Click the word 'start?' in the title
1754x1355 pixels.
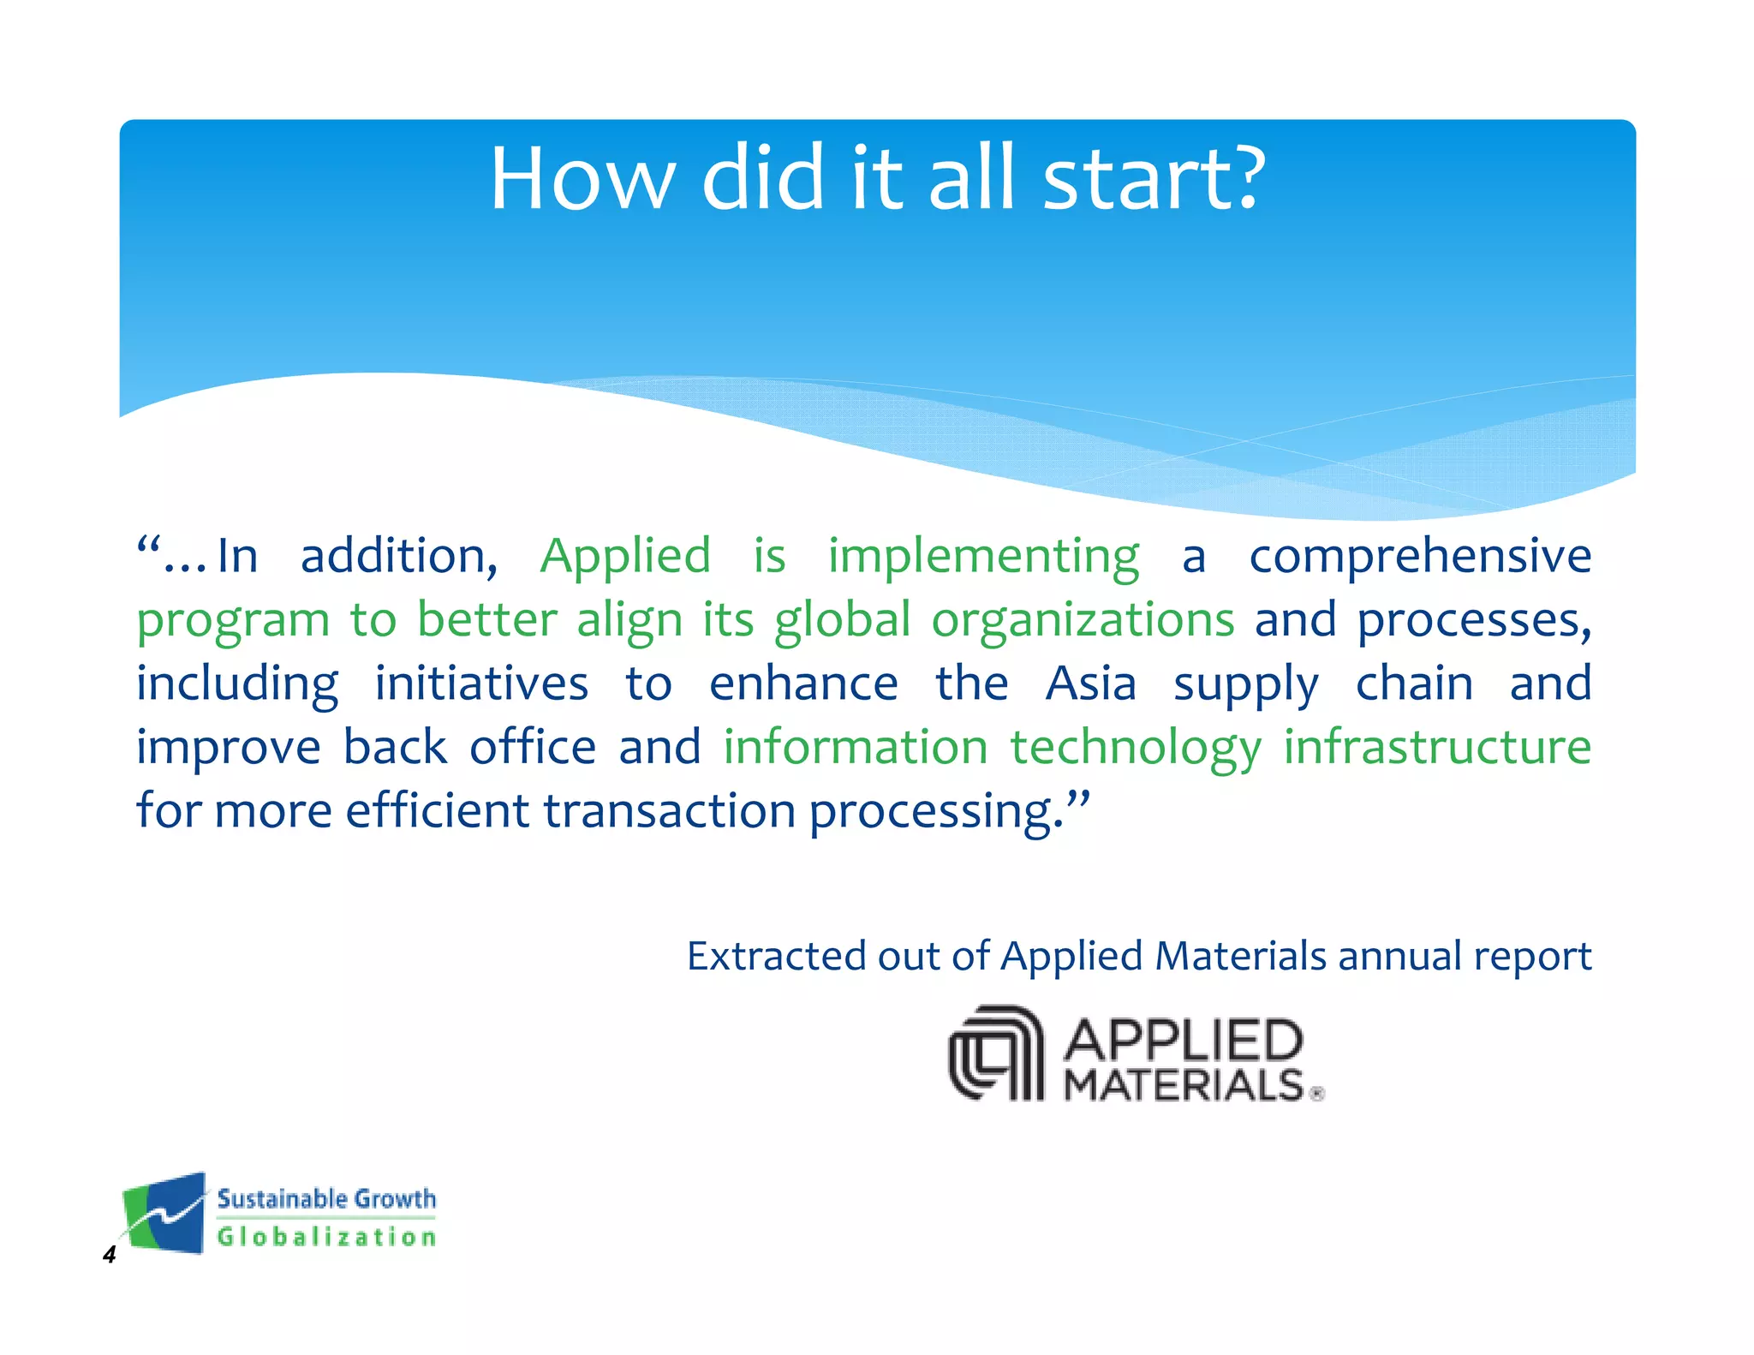[x=1154, y=179]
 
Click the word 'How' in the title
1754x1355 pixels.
[x=581, y=179]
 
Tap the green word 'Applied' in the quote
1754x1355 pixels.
[x=625, y=557]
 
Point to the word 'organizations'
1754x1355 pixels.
[x=1083, y=620]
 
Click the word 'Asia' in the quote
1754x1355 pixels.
[x=1090, y=684]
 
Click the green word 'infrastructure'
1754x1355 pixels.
[x=1436, y=747]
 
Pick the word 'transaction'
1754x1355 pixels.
[x=669, y=811]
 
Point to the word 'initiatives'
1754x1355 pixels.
[x=481, y=684]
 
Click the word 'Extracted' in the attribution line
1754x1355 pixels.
[x=777, y=956]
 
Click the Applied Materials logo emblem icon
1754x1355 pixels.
[x=995, y=1054]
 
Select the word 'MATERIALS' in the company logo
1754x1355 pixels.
[x=1183, y=1085]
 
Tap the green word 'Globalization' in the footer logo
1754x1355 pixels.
[x=326, y=1237]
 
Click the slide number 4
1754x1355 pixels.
[x=109, y=1256]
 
